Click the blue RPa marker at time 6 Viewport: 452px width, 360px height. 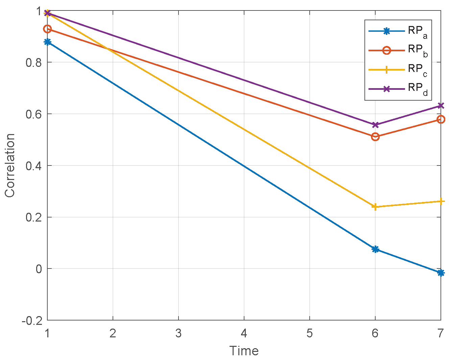tap(375, 249)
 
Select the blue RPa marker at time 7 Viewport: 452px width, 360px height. tap(441, 273)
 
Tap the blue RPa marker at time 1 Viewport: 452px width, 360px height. tap(47, 42)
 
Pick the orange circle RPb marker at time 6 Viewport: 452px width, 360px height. tap(375, 137)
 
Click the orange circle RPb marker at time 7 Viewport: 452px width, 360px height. tap(441, 119)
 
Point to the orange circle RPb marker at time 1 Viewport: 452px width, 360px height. tap(47, 29)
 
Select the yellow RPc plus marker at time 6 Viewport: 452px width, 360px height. tap(375, 207)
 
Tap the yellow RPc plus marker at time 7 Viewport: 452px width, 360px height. tap(441, 201)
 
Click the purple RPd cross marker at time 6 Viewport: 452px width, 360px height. tap(375, 125)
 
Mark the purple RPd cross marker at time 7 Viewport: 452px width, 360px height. tap(441, 106)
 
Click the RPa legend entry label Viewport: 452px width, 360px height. tap(417, 31)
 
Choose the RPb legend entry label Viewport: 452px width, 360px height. tap(417, 50)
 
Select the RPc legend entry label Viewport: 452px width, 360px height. tap(417, 70)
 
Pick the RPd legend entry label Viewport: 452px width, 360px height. tap(417, 88)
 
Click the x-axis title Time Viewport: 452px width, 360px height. tap(244, 351)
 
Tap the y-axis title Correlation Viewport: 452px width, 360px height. tap(10, 165)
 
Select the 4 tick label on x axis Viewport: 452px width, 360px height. tap(244, 334)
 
